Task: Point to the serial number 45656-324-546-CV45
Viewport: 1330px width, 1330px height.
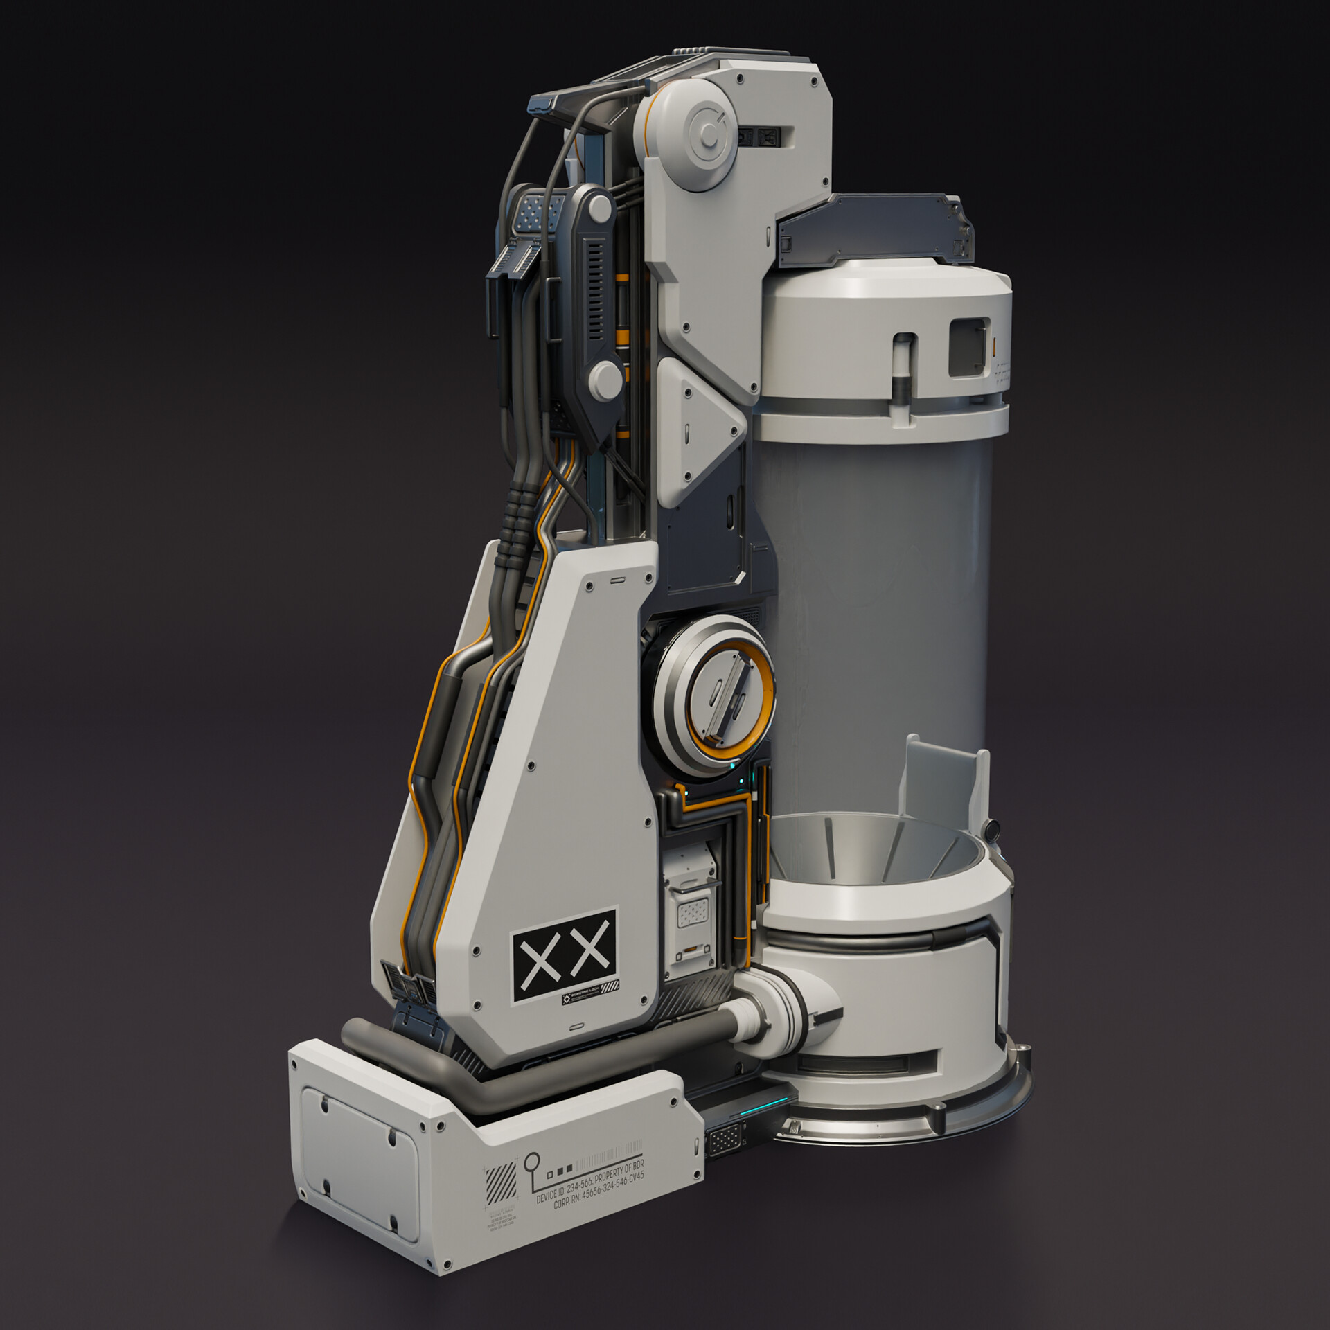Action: click(x=613, y=1187)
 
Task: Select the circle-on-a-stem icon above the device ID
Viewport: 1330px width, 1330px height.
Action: click(x=532, y=1166)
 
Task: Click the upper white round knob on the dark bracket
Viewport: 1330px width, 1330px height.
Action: click(x=601, y=206)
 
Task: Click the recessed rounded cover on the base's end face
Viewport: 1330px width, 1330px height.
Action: click(x=360, y=1171)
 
